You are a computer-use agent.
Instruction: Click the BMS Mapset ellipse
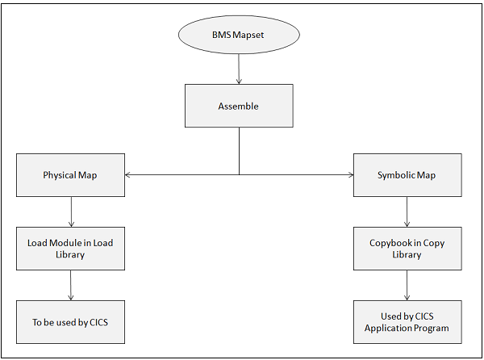[x=239, y=36]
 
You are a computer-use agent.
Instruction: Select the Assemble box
[x=239, y=106]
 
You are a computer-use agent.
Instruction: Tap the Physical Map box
[x=71, y=175]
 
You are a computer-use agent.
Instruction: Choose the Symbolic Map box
[x=407, y=175]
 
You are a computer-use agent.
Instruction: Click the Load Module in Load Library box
[x=71, y=249]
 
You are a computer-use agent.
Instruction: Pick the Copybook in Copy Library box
[x=407, y=249]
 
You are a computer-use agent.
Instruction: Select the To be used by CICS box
[x=71, y=322]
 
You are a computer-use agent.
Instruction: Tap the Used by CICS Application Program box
[x=407, y=322]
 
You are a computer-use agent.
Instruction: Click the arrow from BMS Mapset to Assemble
[x=239, y=70]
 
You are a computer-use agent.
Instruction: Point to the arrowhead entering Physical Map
[x=129, y=174]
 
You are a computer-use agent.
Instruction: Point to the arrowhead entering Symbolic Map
[x=349, y=174]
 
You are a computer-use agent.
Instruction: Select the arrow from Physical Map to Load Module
[x=72, y=211]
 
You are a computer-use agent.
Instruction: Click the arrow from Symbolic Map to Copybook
[x=407, y=211]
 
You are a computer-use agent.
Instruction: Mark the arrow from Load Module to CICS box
[x=72, y=285]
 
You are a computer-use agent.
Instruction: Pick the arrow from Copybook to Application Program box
[x=407, y=285]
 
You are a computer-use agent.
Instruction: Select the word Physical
[x=59, y=175]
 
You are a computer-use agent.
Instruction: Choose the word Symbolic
[x=397, y=175]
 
